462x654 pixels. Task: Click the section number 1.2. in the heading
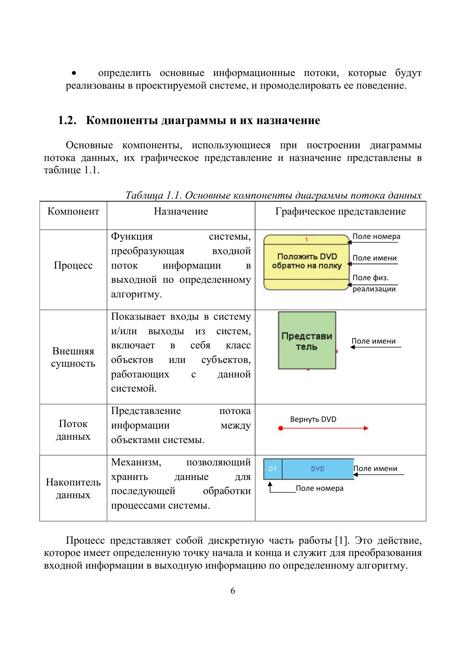[67, 121]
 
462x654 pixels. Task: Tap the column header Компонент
[73, 212]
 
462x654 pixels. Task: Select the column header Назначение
[181, 212]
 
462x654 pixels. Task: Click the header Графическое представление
[340, 212]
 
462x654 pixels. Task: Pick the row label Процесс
[73, 265]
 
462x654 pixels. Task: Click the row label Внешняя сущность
[73, 357]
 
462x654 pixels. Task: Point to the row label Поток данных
[73, 430]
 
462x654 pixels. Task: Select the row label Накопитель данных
[73, 488]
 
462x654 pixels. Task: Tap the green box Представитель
[307, 341]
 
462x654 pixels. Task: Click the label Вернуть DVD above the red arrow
[313, 419]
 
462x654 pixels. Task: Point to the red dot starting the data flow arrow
[281, 428]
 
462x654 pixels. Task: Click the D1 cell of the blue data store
[273, 469]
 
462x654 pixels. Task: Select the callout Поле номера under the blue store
[319, 488]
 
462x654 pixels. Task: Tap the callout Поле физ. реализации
[373, 283]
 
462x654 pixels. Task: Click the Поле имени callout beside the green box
[373, 341]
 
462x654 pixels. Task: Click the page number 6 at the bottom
[233, 591]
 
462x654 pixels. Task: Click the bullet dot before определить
[74, 73]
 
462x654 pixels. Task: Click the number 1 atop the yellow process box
[306, 239]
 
